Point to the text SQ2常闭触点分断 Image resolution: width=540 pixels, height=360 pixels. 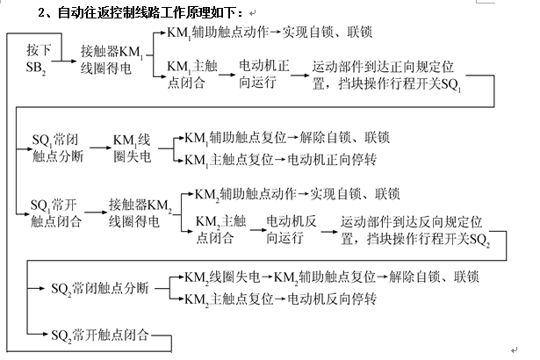pyautogui.click(x=99, y=287)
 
